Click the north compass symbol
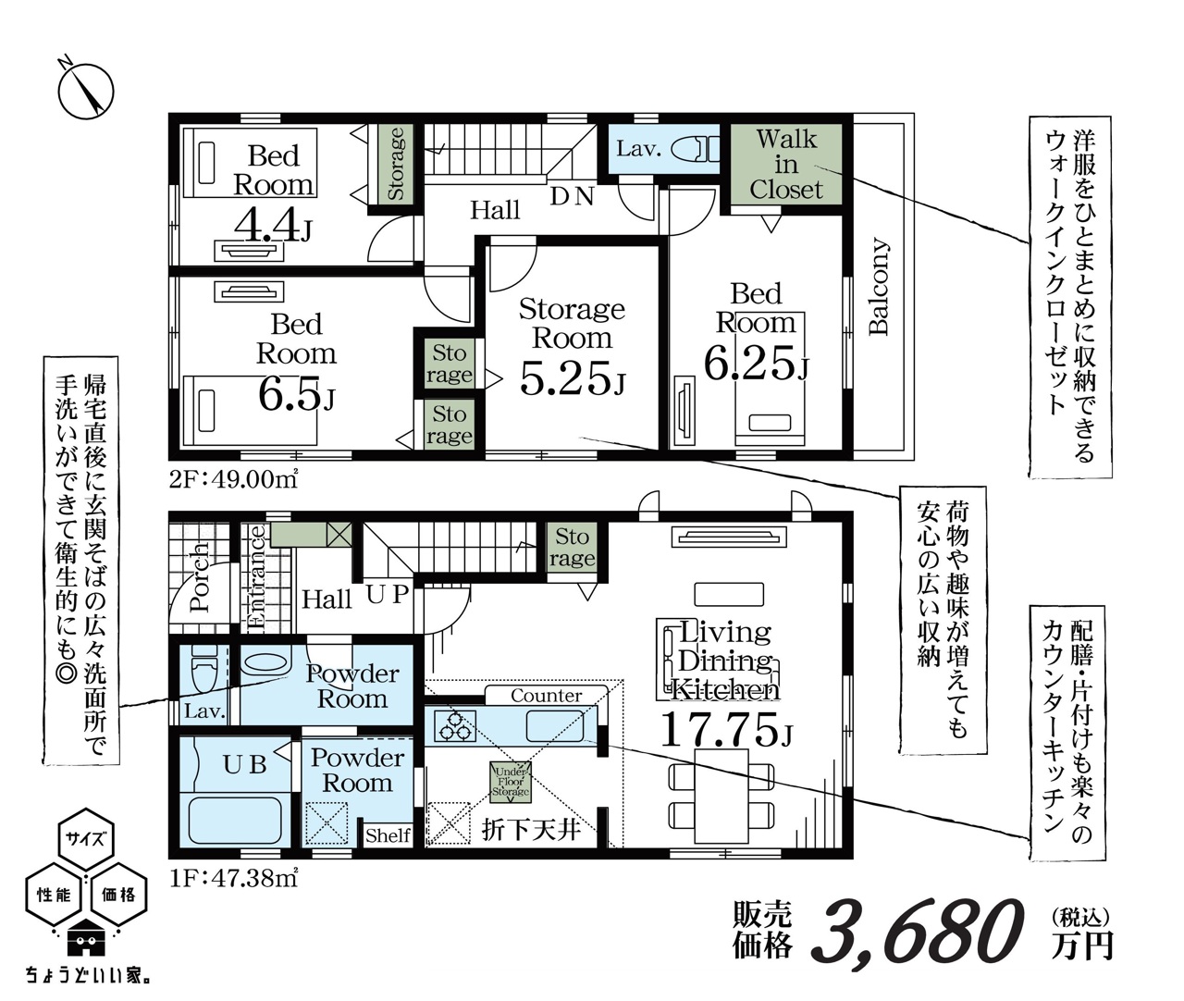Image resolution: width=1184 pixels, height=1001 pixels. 86,91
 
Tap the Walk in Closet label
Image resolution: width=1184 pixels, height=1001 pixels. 786,165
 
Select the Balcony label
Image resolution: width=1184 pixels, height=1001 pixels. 879,287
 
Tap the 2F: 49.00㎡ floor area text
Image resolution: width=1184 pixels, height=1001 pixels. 234,478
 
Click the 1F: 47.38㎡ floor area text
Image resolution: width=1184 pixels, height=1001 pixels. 234,878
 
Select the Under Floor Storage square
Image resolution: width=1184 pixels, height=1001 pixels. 510,782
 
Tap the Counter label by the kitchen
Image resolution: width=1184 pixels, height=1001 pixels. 546,696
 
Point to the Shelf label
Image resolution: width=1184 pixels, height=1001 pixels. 388,835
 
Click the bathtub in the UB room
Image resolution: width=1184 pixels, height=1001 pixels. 235,821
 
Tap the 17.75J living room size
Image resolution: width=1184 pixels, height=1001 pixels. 726,729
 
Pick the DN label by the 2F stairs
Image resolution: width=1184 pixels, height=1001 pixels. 572,196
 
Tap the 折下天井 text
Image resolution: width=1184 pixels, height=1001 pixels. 531,830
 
